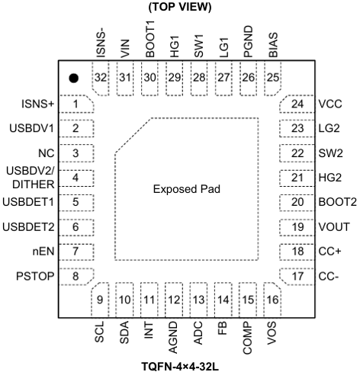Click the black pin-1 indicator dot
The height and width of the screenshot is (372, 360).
(x=73, y=78)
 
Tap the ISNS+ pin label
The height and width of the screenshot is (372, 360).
(x=38, y=104)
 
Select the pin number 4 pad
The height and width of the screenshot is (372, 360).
(x=76, y=178)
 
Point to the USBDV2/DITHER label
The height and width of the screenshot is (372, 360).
(x=31, y=178)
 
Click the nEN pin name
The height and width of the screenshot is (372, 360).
(x=43, y=252)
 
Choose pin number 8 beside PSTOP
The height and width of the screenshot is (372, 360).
(x=76, y=276)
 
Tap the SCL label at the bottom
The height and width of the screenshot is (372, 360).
(x=99, y=332)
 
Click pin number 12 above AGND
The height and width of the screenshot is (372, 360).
(x=174, y=300)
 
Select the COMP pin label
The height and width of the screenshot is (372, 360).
(x=247, y=338)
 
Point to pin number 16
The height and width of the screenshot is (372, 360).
(x=272, y=300)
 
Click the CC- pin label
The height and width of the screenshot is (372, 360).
(x=329, y=276)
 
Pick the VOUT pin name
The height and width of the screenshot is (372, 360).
(x=334, y=226)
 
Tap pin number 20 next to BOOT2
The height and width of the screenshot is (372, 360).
(x=297, y=202)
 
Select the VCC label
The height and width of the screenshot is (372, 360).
(x=330, y=104)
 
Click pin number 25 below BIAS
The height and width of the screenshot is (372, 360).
(x=273, y=78)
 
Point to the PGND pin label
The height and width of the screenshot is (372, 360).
(x=248, y=41)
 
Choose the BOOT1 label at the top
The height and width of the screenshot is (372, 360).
(x=149, y=40)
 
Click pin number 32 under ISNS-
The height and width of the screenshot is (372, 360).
(x=101, y=78)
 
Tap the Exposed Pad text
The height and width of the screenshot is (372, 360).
(x=187, y=189)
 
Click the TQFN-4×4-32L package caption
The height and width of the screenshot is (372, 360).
(x=180, y=367)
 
